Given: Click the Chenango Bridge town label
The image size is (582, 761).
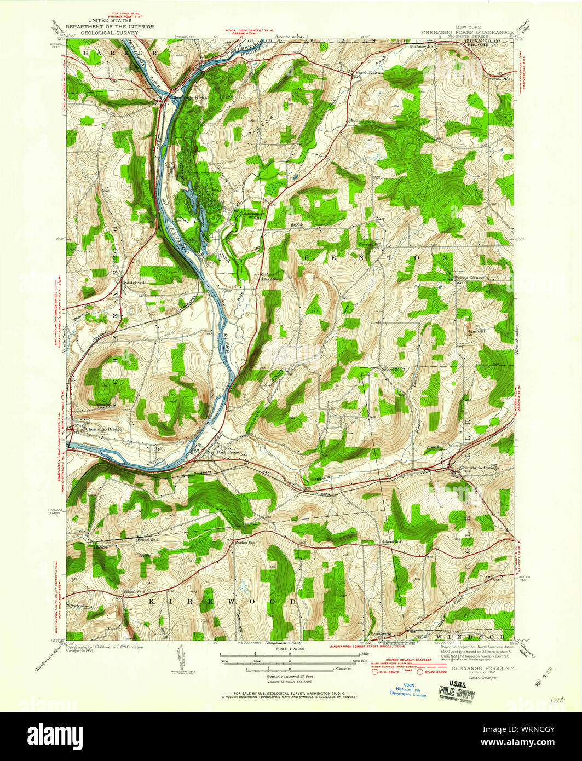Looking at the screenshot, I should tap(103, 429).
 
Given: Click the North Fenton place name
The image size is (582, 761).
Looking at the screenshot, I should tap(368, 73).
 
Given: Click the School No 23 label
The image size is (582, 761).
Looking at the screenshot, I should tap(395, 370).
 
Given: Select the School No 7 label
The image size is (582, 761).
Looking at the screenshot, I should tap(148, 540).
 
